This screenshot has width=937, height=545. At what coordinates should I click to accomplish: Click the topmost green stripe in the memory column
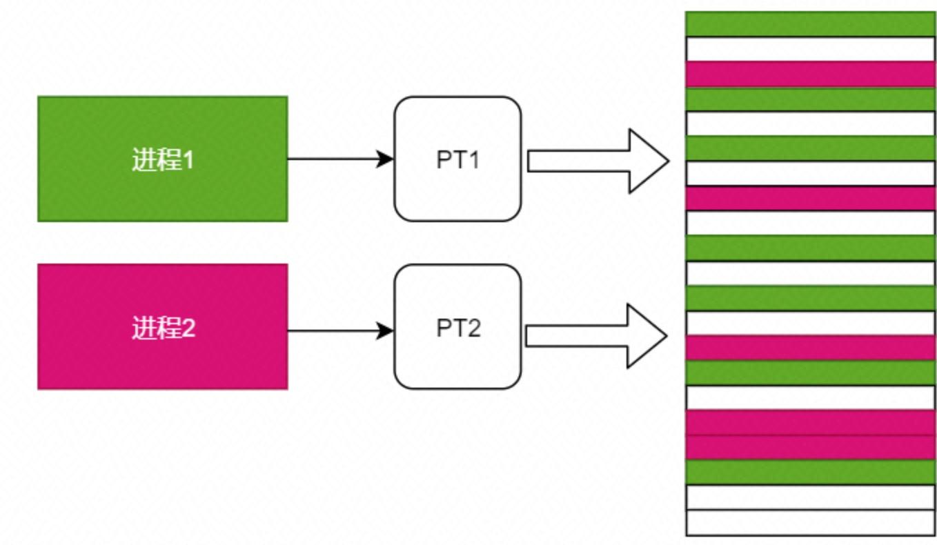[810, 24]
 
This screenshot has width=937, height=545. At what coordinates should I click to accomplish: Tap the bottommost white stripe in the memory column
[810, 522]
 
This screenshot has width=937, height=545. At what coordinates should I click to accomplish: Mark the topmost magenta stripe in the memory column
[810, 74]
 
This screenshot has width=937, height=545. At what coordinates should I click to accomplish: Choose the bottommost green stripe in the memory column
[810, 472]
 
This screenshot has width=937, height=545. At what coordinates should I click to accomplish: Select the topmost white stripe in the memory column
[810, 49]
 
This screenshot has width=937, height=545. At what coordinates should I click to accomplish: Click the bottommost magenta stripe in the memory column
[810, 447]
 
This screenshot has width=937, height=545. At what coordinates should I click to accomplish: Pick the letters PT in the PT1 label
[450, 160]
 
